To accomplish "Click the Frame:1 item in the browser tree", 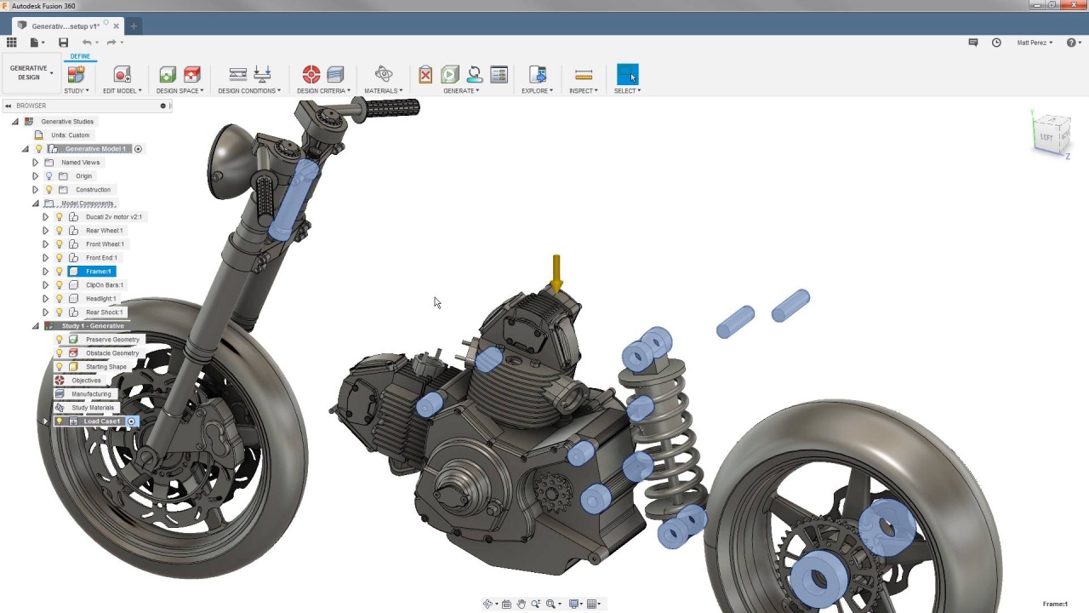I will point(98,272).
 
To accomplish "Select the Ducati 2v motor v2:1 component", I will point(113,217).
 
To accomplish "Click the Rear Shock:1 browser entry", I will point(104,312).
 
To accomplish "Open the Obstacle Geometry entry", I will point(111,353).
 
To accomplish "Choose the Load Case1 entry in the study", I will point(101,421).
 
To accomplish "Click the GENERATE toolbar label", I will point(460,91).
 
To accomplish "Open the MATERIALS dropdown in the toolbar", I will point(383,91).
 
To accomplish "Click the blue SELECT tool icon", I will point(627,75).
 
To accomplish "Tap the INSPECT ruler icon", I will point(583,75).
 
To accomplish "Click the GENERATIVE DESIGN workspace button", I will point(29,73).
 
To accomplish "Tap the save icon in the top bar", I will point(63,43).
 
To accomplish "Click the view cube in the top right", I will point(1051,135).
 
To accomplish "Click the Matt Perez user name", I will point(1034,43).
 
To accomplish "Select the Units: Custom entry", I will point(70,135).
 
